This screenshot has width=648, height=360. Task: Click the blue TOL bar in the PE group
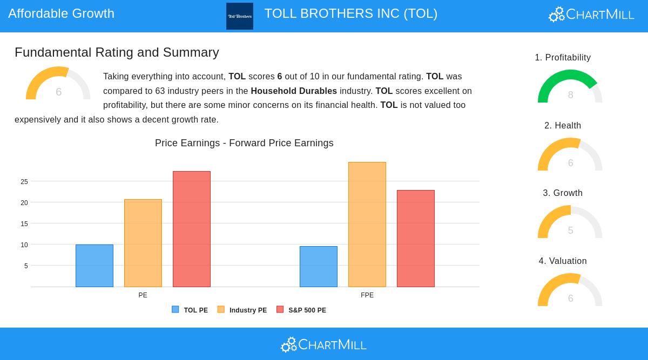coord(94,266)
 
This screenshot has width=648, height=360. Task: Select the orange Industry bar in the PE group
coord(143,243)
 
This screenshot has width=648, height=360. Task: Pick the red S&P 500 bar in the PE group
coord(192,229)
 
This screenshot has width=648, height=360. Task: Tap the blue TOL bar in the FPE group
coord(319,267)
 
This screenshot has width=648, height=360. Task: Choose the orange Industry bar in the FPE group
coord(367,225)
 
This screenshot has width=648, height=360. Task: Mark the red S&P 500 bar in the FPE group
coord(416,239)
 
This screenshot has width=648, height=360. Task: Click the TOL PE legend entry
coord(190,310)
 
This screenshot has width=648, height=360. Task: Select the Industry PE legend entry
coord(242,310)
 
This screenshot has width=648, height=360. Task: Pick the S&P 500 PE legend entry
coord(301,310)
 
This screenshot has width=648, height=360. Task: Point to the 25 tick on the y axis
coord(24,182)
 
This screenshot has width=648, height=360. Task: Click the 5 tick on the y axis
coord(26,266)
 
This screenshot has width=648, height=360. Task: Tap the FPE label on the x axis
coord(367,295)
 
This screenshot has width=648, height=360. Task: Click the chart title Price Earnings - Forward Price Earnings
coord(244,143)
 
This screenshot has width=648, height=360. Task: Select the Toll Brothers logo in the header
coord(240,16)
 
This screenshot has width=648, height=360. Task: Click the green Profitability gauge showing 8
coord(570,87)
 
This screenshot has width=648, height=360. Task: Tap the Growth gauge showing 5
coord(570,223)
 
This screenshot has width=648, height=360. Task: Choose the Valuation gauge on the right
coord(570,291)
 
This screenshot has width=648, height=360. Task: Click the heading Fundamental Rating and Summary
coord(117,52)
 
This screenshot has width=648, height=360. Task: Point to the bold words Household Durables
coord(294,91)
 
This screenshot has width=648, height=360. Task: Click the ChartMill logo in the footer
coord(324,344)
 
